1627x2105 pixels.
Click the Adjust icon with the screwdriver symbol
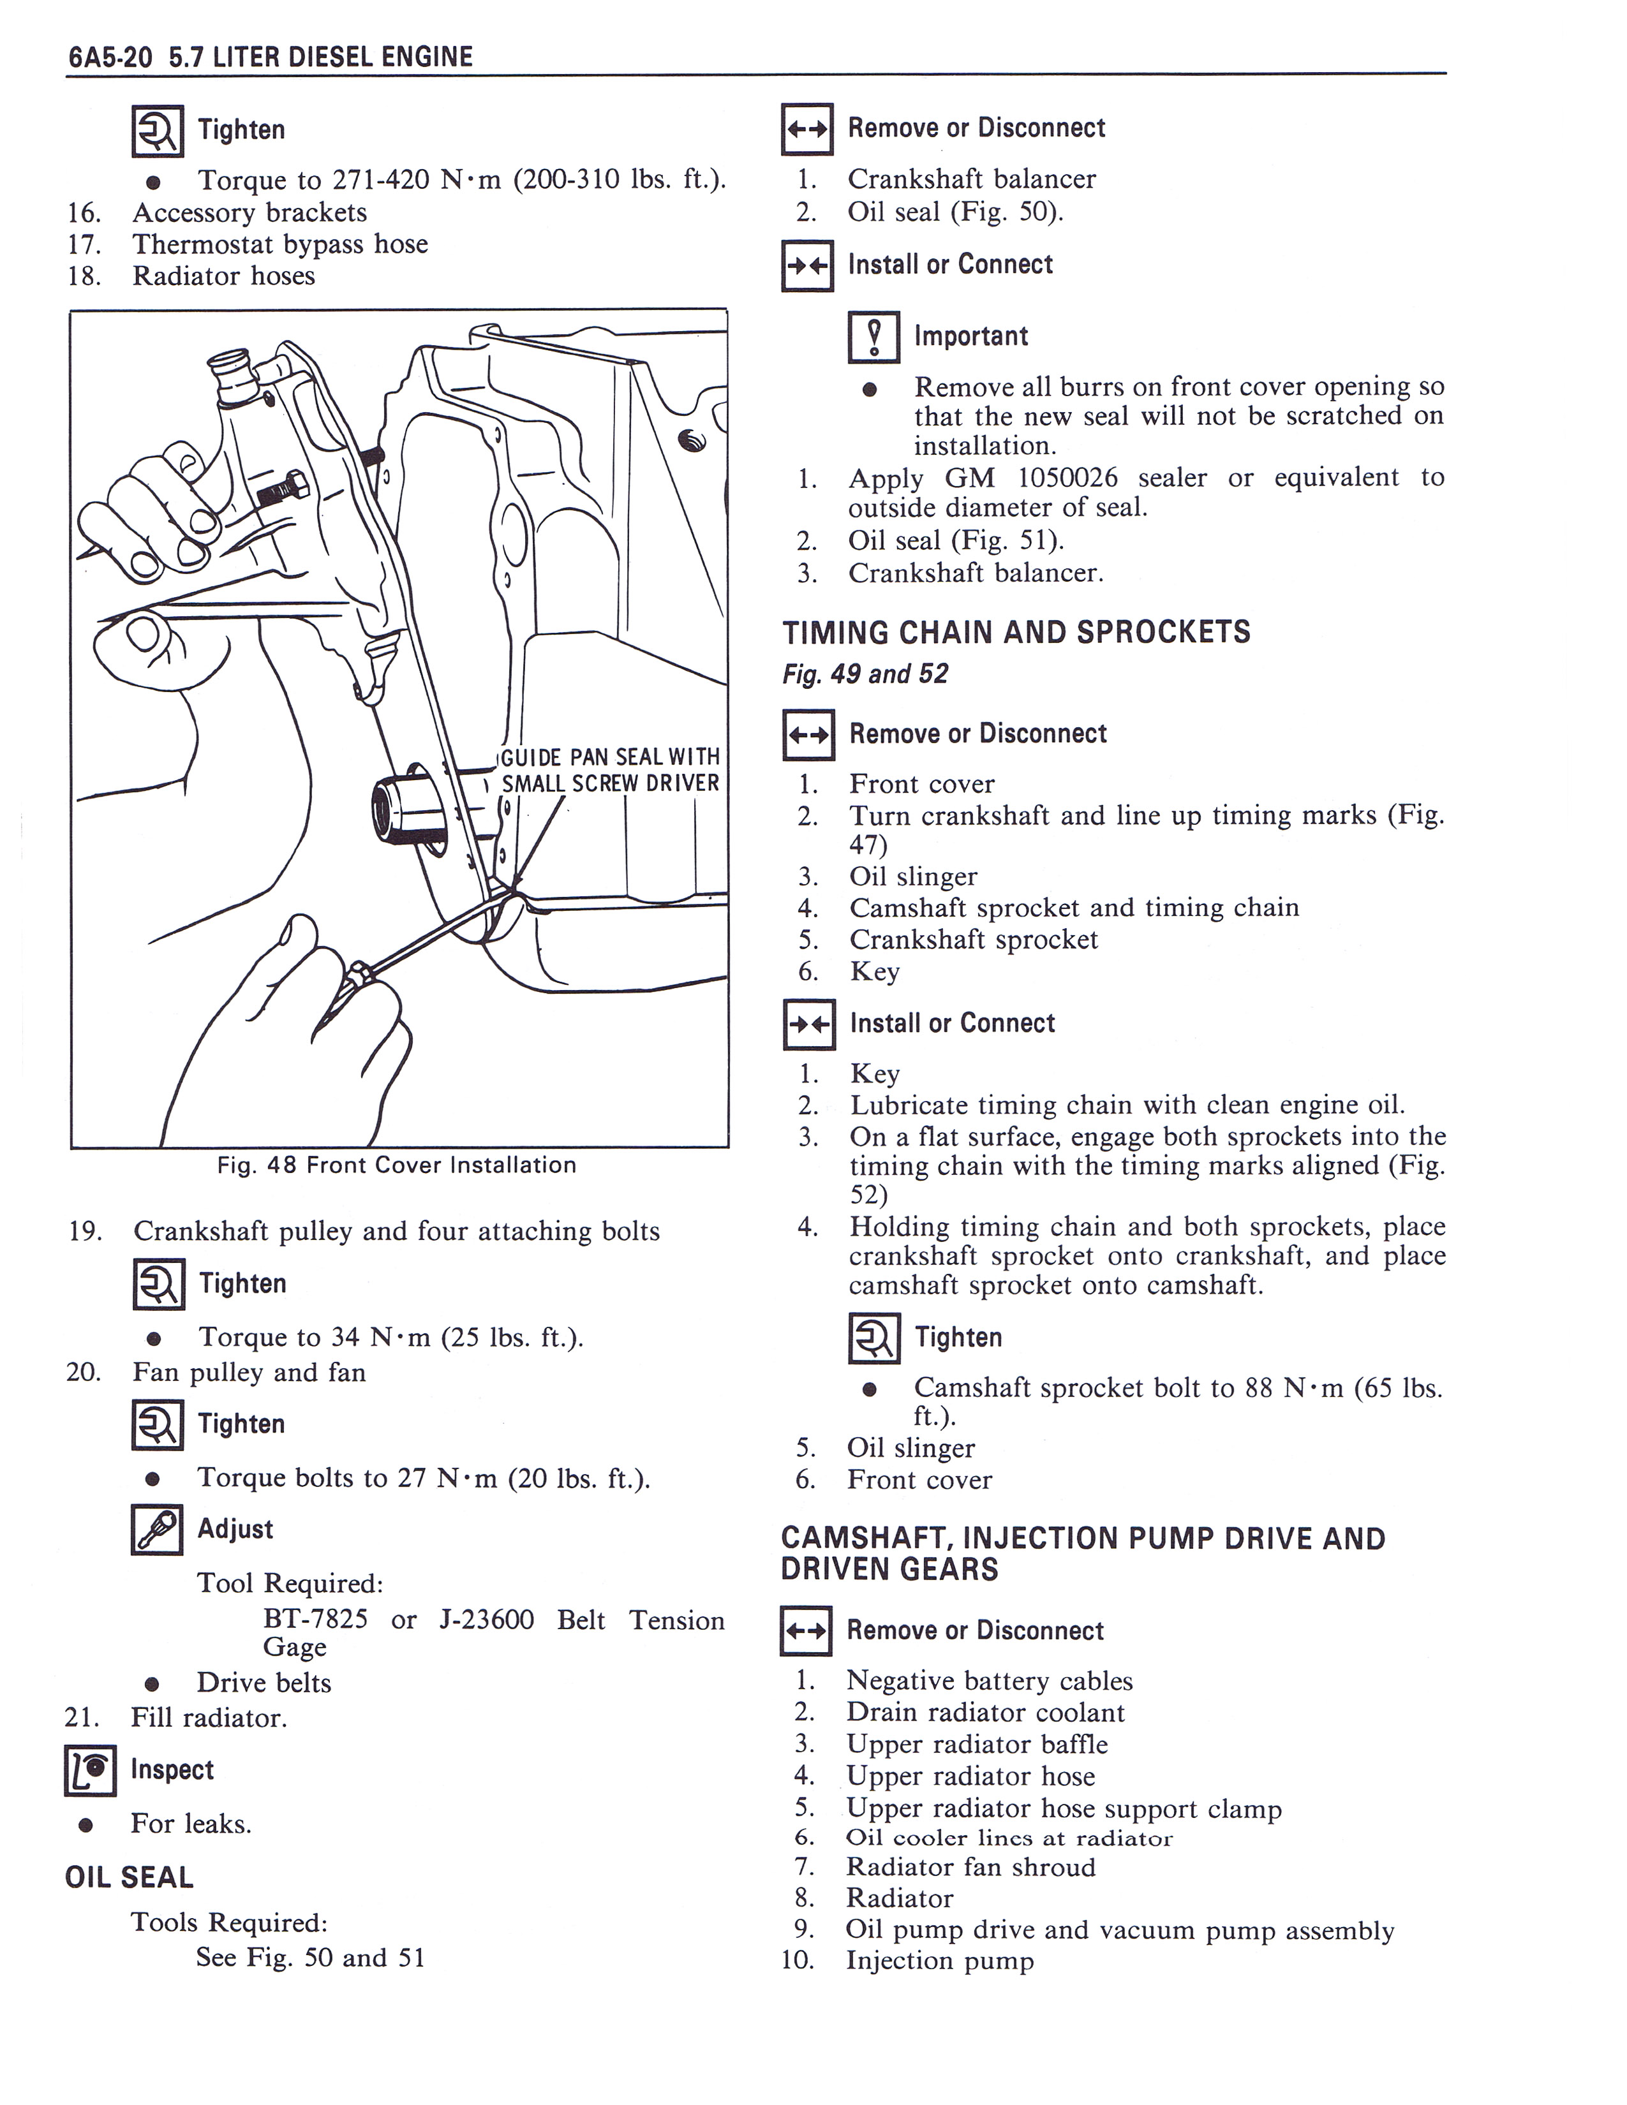pyautogui.click(x=156, y=1530)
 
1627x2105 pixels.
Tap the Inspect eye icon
pyautogui.click(x=91, y=1771)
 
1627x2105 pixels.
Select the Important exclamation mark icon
pyautogui.click(x=873, y=337)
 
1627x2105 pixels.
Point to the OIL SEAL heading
pyautogui.click(x=129, y=1877)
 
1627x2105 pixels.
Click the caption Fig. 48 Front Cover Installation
pyautogui.click(x=396, y=1165)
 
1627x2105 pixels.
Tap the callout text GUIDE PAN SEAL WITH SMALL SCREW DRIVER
pyautogui.click(x=610, y=769)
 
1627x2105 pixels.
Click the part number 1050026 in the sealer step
pyautogui.click(x=1063, y=478)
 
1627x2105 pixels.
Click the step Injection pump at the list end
pyautogui.click(x=940, y=1960)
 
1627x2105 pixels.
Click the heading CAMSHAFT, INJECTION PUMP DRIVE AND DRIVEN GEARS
pyautogui.click(x=1082, y=1554)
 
